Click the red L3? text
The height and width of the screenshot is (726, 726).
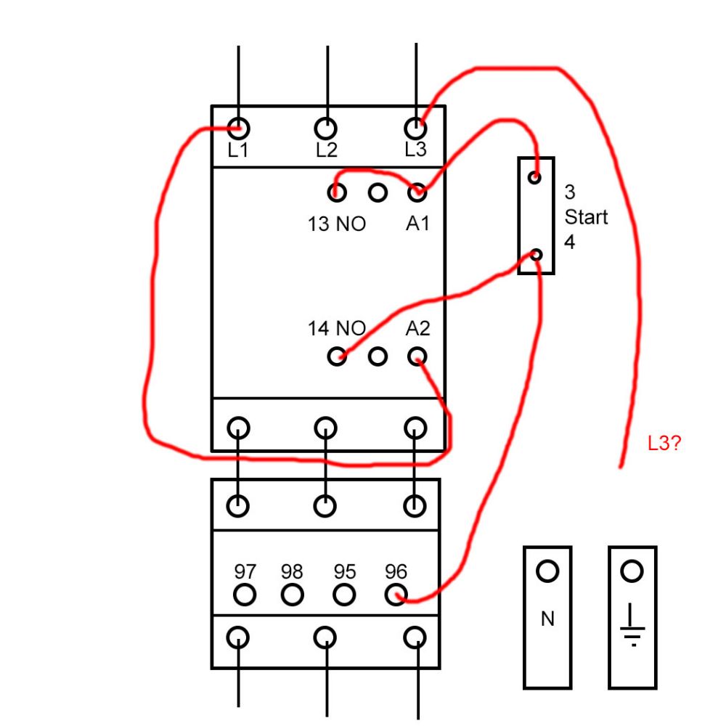[664, 444]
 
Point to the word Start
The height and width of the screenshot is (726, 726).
[586, 217]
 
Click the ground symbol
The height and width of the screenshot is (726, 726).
[632, 624]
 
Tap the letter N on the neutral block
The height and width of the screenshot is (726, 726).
[547, 619]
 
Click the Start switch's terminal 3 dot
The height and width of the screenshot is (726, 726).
[535, 177]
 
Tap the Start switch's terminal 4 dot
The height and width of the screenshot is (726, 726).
[537, 255]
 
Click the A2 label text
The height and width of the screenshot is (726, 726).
[417, 328]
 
